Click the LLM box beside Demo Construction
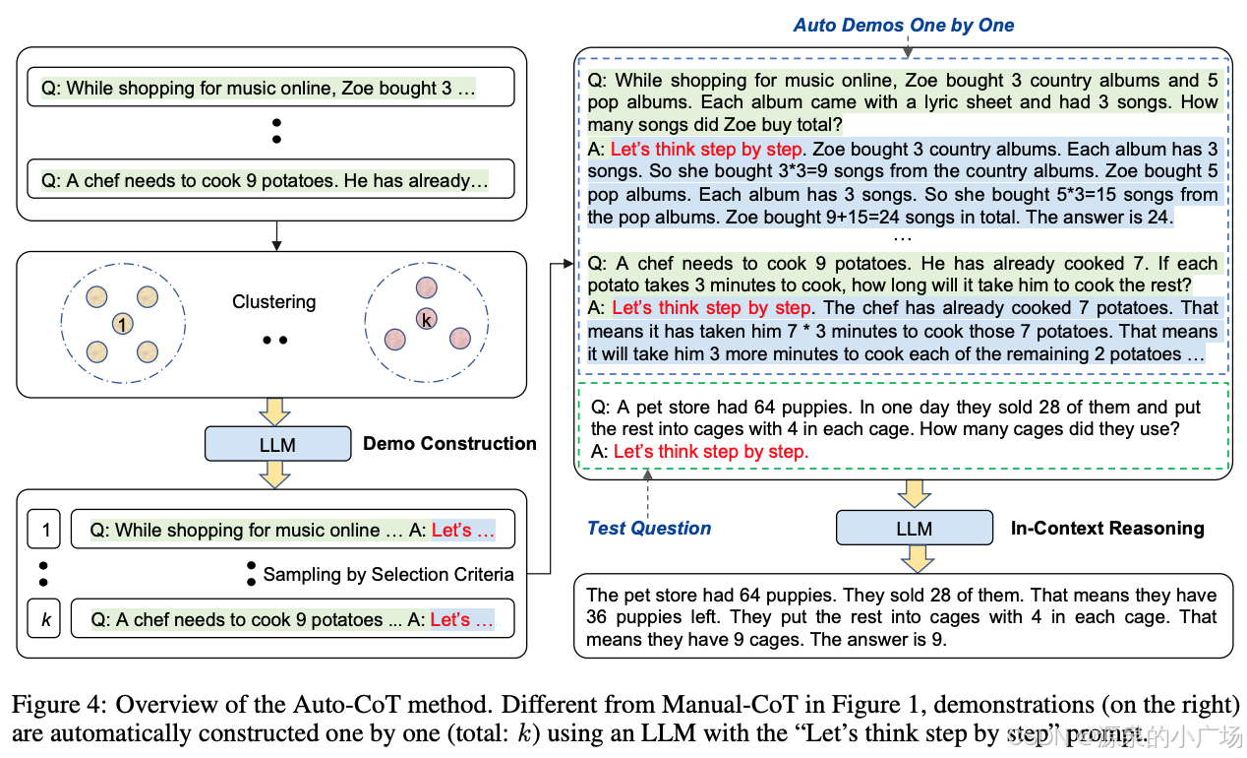[x=277, y=444]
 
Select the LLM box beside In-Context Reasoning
[x=914, y=528]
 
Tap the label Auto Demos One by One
[x=904, y=26]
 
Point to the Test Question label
[x=649, y=528]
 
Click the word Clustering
[x=273, y=302]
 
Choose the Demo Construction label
[x=449, y=444]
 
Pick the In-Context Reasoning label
[x=1107, y=528]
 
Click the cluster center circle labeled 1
[x=121, y=323]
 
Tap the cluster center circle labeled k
[x=426, y=321]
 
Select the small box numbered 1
[x=43, y=530]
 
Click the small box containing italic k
[x=43, y=619]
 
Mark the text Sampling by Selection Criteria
[x=388, y=574]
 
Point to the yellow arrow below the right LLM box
[x=914, y=558]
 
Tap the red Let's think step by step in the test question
[x=710, y=452]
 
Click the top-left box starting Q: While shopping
[x=270, y=88]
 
